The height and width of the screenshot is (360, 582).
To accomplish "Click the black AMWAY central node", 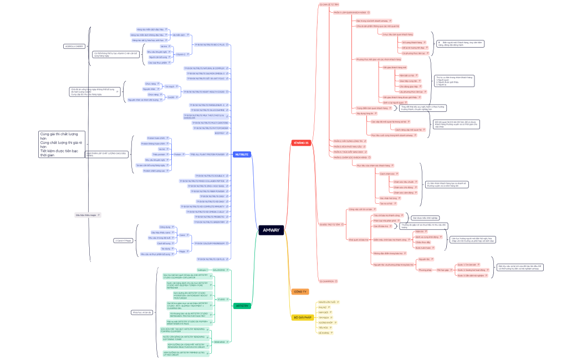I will click(x=272, y=230).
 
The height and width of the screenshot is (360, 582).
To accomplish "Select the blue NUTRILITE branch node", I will click(x=241, y=154).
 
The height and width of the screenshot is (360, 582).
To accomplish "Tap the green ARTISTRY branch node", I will click(x=242, y=306).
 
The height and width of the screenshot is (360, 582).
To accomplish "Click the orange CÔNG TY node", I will click(x=300, y=291).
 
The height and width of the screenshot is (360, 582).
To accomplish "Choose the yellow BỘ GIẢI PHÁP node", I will click(x=302, y=317).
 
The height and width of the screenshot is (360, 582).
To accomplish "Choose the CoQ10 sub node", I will click(x=171, y=97).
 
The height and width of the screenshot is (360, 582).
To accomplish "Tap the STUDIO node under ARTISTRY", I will click(x=221, y=299).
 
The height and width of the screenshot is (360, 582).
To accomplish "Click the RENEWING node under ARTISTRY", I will click(x=219, y=342).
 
